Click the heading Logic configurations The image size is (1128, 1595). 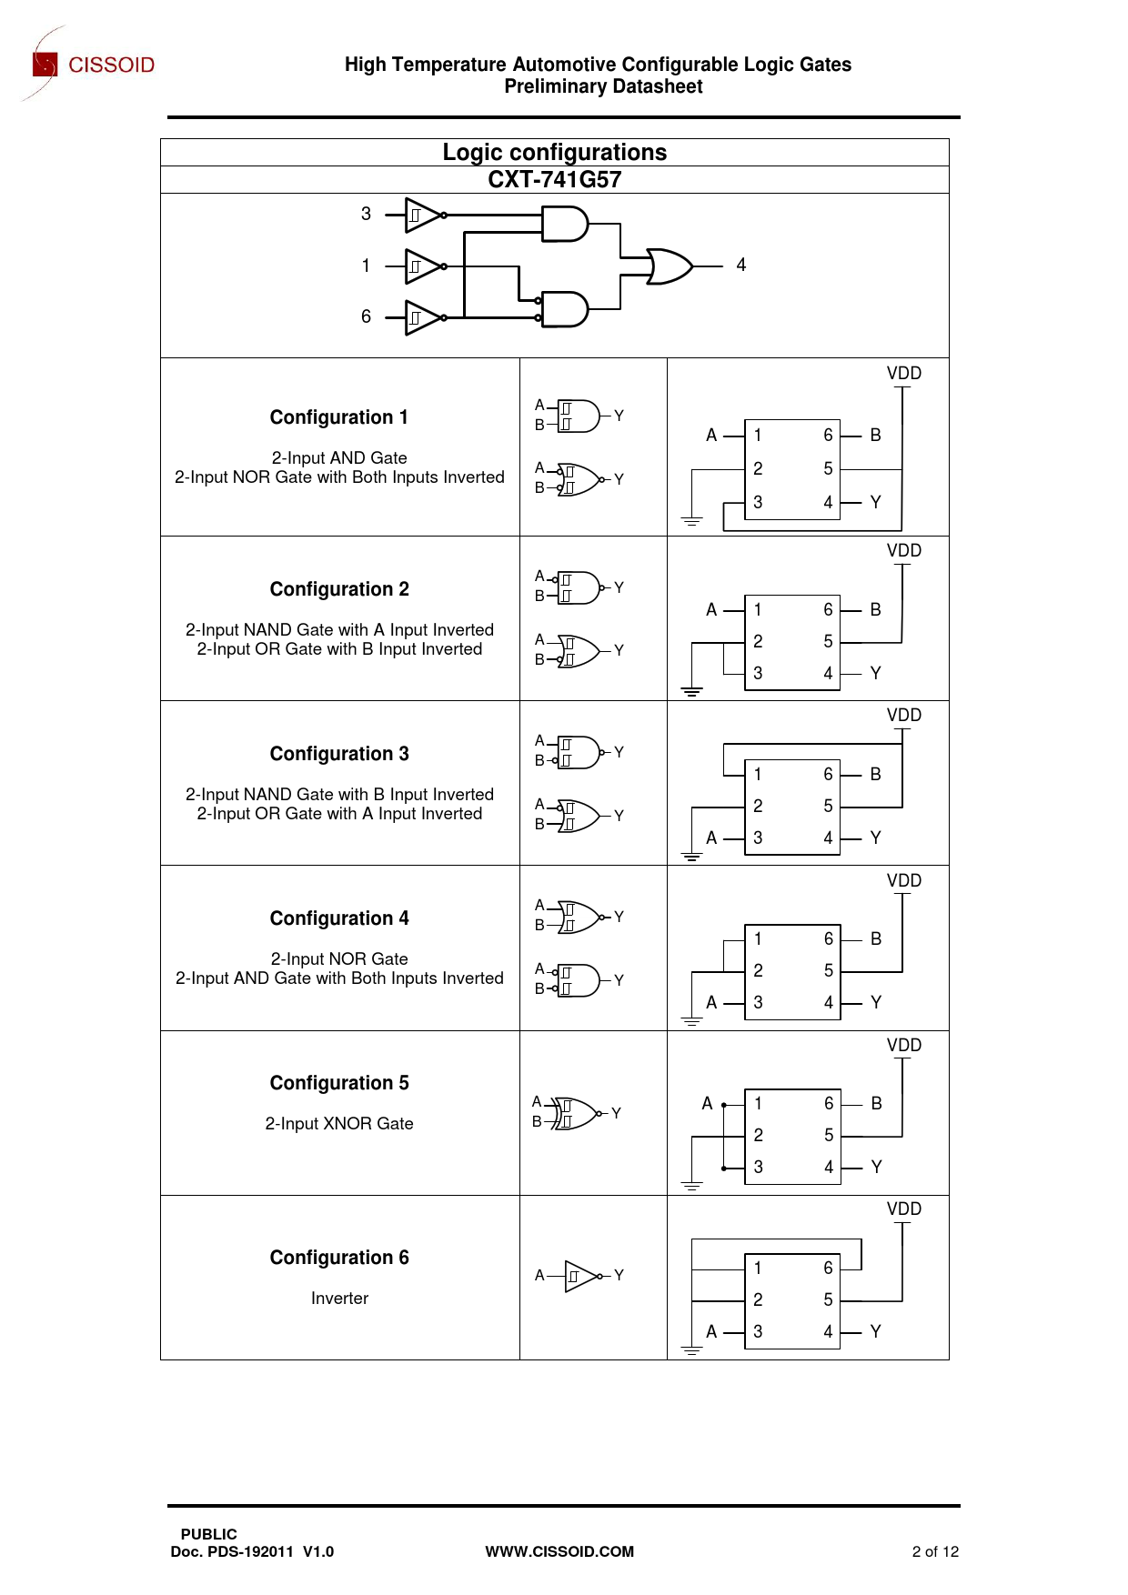tap(554, 152)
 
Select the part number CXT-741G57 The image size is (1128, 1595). tap(554, 179)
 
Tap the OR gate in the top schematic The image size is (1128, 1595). tap(670, 266)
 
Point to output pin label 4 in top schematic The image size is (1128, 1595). tap(741, 265)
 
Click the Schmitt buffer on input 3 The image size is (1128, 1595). tap(423, 216)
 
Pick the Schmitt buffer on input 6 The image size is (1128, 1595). tap(423, 317)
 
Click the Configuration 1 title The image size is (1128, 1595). tap(338, 417)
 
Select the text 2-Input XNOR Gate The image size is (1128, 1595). tap(338, 1124)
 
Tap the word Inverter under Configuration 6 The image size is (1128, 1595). tap(339, 1299)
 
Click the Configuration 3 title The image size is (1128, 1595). tap(338, 754)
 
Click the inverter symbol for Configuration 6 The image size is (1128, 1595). tap(581, 1276)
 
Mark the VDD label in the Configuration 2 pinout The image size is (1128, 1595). tap(903, 551)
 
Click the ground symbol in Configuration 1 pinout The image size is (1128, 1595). tap(691, 521)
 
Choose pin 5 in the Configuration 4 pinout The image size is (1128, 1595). tap(828, 971)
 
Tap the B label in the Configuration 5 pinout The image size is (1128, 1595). tap(876, 1104)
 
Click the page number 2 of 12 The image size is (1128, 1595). tap(934, 1551)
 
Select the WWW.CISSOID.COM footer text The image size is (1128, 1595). tap(559, 1551)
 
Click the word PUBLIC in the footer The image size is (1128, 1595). tap(208, 1534)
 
